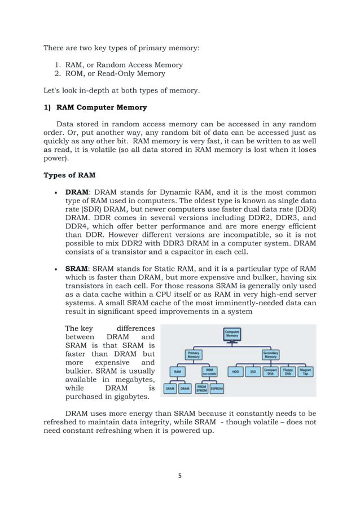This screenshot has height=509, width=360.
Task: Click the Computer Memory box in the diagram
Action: tap(232, 334)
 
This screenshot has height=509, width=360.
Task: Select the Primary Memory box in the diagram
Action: tap(194, 354)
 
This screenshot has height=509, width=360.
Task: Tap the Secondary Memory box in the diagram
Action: tap(270, 354)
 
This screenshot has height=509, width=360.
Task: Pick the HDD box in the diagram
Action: tap(235, 372)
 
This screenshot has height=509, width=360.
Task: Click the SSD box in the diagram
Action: tap(253, 372)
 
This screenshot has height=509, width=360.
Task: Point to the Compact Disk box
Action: tap(270, 372)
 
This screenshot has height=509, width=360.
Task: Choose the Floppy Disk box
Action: tap(288, 372)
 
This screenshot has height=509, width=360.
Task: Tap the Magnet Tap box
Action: tap(305, 372)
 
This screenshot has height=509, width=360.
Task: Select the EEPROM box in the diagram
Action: tap(217, 388)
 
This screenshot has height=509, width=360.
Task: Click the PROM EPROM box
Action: tap(201, 388)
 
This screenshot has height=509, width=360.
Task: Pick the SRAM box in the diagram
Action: tap(169, 388)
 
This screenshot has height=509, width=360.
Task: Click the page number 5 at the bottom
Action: tap(179, 476)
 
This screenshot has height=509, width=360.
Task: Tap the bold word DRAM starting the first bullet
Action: tap(78, 192)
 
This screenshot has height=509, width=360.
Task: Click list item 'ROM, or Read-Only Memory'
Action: tap(116, 73)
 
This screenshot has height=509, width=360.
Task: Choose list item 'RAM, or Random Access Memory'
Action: tap(124, 65)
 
